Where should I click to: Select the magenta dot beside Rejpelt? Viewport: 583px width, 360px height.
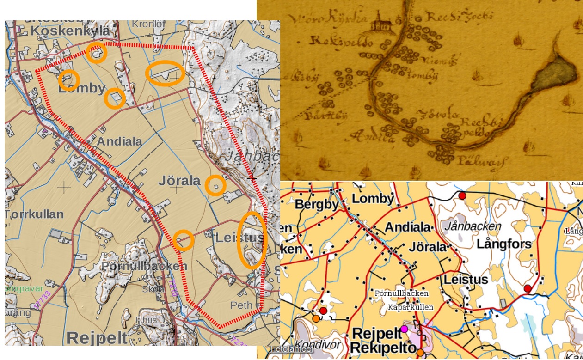pyautogui.click(x=404, y=329)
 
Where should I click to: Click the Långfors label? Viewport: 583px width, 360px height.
pyautogui.click(x=504, y=244)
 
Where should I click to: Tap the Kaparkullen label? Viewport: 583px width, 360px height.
pyautogui.click(x=411, y=307)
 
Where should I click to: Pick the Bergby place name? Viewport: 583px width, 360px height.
pyautogui.click(x=314, y=204)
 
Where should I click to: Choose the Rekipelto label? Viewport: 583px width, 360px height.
pyautogui.click(x=384, y=348)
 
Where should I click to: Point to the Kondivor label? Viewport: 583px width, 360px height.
pyautogui.click(x=317, y=344)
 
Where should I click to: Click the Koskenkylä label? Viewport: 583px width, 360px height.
pyautogui.click(x=70, y=31)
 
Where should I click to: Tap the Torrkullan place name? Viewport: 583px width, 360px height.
pyautogui.click(x=34, y=214)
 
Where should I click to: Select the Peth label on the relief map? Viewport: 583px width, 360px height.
pyautogui.click(x=241, y=305)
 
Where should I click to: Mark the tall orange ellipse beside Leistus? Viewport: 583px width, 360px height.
pyautogui.click(x=252, y=240)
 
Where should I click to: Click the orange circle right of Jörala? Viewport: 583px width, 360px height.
pyautogui.click(x=215, y=186)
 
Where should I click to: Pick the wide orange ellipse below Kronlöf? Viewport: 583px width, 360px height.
pyautogui.click(x=165, y=73)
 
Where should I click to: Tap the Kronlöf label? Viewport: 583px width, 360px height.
pyautogui.click(x=148, y=24)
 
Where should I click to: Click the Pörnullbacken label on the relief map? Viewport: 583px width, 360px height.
pyautogui.click(x=144, y=266)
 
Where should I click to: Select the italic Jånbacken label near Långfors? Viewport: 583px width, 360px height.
pyautogui.click(x=473, y=226)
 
